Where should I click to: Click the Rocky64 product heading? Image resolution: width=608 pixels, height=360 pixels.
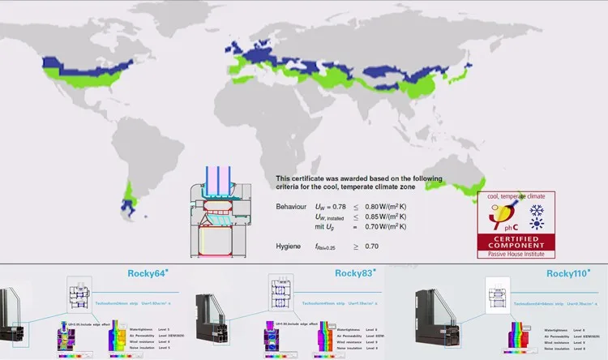pos(148,273)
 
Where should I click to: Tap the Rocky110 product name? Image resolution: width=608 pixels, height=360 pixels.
pos(568,273)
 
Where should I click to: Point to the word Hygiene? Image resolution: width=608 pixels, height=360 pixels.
pos(289,245)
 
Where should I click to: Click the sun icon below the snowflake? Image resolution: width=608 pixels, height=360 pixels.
pos(536,228)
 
